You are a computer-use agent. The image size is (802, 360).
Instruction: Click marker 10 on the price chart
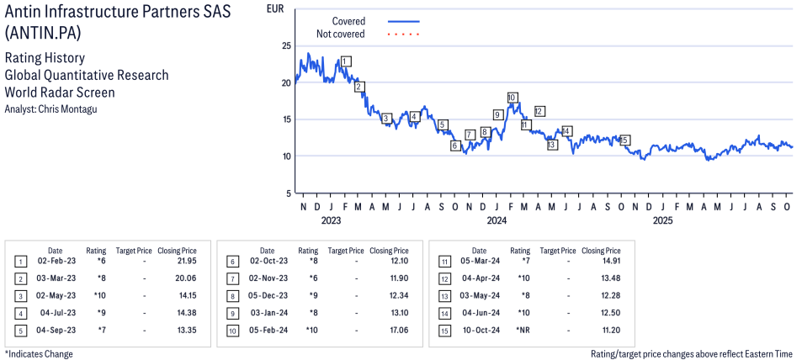tap(512, 98)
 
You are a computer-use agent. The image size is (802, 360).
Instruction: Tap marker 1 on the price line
tap(346, 61)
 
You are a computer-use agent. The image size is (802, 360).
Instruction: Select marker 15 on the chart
tap(624, 140)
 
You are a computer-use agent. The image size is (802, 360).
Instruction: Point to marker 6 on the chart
tap(455, 146)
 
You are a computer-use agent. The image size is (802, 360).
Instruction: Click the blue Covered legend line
tap(403, 21)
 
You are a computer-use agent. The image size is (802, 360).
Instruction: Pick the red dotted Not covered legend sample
tap(403, 34)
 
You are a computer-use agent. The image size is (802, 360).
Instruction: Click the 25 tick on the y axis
tap(286, 46)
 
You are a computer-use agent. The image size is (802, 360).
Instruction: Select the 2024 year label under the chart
tap(497, 221)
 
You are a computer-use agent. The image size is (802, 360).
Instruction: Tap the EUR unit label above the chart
tap(274, 8)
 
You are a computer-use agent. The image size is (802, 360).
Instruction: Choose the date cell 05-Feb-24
tap(267, 329)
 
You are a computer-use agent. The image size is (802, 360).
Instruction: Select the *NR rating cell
tap(522, 329)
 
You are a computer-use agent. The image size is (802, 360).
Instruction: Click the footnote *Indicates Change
tap(39, 354)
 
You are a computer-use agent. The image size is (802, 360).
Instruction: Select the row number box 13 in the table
tap(445, 296)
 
